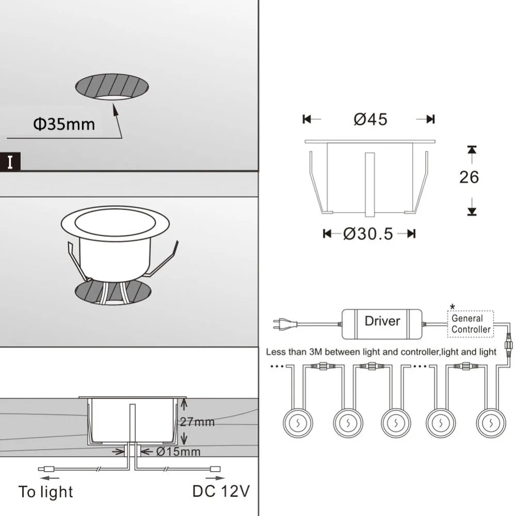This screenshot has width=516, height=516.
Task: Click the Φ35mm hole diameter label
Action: (64, 124)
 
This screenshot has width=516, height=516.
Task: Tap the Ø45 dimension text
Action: (370, 119)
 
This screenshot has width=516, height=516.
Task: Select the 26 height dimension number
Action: (469, 177)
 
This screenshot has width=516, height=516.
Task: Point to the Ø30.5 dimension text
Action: (368, 234)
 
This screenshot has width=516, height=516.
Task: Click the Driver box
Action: (382, 321)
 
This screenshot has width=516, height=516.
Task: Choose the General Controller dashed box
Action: (471, 324)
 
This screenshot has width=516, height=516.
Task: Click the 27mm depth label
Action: (197, 422)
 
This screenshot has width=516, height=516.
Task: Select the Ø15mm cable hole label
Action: (178, 452)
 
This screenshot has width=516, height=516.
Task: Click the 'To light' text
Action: (45, 492)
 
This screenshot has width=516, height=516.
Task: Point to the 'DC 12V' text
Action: (221, 491)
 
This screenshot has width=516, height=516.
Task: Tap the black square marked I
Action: (11, 162)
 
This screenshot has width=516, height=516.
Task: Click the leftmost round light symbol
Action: (298, 423)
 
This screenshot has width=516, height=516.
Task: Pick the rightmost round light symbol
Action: (491, 423)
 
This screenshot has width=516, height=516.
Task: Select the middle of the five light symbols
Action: (396, 423)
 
